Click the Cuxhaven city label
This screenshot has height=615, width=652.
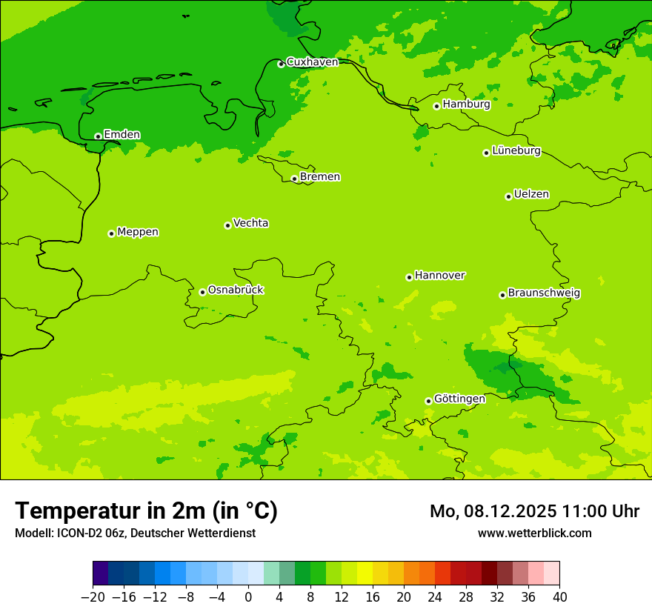tap(312, 62)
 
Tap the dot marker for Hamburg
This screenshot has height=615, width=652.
tap(436, 106)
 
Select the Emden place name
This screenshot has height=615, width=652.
tap(122, 135)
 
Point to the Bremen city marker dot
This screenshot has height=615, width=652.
tap(294, 179)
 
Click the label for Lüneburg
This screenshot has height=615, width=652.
tap(516, 151)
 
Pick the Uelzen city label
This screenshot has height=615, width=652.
tap(531, 195)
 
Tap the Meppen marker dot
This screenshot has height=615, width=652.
tap(111, 233)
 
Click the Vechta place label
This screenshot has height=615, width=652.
tap(250, 223)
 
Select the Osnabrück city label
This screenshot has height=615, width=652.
tap(236, 290)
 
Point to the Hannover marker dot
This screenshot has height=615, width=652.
tap(409, 277)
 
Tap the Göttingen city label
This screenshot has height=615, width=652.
tap(459, 399)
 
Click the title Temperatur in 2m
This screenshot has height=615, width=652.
tap(146, 511)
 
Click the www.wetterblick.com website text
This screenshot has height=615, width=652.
tap(534, 533)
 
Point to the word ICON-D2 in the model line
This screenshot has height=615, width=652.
tap(77, 533)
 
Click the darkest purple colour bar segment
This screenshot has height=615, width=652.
tap(100, 574)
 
